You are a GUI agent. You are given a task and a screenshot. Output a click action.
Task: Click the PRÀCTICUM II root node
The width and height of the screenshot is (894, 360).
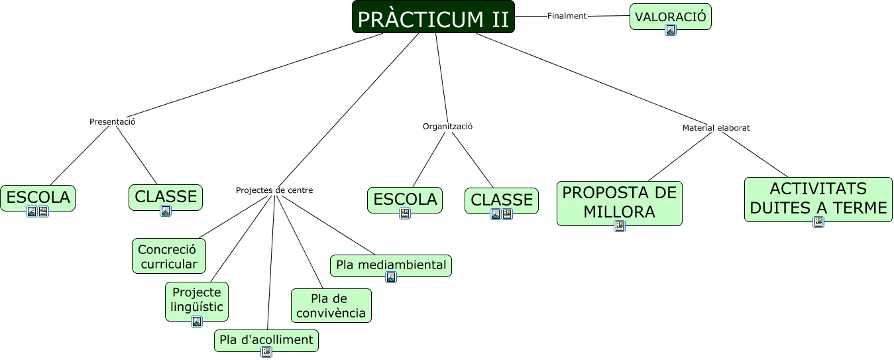click(433, 18)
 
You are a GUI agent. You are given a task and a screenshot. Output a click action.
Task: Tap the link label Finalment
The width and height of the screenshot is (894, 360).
click(567, 16)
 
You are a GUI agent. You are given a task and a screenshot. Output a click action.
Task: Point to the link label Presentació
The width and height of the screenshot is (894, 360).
click(112, 122)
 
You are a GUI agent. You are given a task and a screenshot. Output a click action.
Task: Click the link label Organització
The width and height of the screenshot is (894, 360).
click(447, 126)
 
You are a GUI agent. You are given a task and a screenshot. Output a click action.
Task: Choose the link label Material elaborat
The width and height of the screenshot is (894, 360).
click(716, 128)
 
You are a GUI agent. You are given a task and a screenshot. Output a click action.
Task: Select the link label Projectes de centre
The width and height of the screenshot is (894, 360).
click(274, 190)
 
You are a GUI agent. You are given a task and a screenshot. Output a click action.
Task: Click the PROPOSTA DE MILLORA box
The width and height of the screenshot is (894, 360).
click(619, 202)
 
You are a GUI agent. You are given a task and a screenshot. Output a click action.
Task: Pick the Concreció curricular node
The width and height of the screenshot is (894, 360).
click(168, 256)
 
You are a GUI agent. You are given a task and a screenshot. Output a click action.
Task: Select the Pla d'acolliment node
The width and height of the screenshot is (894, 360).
click(266, 339)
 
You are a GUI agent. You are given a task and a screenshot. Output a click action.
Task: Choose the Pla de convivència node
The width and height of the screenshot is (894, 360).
click(331, 306)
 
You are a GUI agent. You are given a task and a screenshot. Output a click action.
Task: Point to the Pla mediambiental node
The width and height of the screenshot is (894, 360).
click(391, 265)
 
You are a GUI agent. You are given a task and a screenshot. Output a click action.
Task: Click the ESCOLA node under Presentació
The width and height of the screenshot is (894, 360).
click(38, 196)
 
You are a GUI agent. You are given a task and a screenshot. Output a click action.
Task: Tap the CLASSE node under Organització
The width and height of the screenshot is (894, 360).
click(502, 200)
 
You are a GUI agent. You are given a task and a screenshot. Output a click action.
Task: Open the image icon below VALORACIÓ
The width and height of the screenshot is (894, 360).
click(671, 30)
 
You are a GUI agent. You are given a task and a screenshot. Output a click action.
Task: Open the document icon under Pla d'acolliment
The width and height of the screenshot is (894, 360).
click(266, 352)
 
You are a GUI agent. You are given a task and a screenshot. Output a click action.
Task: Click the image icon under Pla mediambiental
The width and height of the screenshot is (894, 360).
click(391, 277)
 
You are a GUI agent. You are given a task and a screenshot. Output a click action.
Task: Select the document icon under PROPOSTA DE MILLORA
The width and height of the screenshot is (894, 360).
click(620, 226)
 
